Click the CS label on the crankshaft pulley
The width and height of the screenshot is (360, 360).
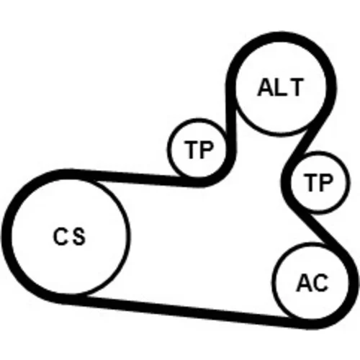pos(69,236)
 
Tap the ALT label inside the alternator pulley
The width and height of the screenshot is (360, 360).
pos(280,87)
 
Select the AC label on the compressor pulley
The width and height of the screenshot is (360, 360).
pos(312,283)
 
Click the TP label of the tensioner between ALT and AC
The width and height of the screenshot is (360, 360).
pos(318,182)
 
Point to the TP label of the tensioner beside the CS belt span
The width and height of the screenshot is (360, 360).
pos(198,150)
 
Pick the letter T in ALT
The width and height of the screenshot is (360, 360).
pos(296,87)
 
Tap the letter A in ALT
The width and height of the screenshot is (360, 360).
pos(266,87)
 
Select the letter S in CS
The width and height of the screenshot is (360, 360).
pos(78,236)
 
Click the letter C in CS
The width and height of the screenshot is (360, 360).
pos(60,236)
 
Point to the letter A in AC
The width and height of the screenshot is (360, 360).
pos(304,283)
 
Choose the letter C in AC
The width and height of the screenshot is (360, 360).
pos(320,283)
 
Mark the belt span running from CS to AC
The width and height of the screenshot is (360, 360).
pos(189,312)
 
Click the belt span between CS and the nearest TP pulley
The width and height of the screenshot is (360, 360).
pos(135,177)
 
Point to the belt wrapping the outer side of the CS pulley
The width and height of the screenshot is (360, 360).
pos(6,236)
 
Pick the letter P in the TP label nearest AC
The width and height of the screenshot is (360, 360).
pos(326,182)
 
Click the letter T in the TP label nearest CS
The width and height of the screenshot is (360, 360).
pos(191,150)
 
